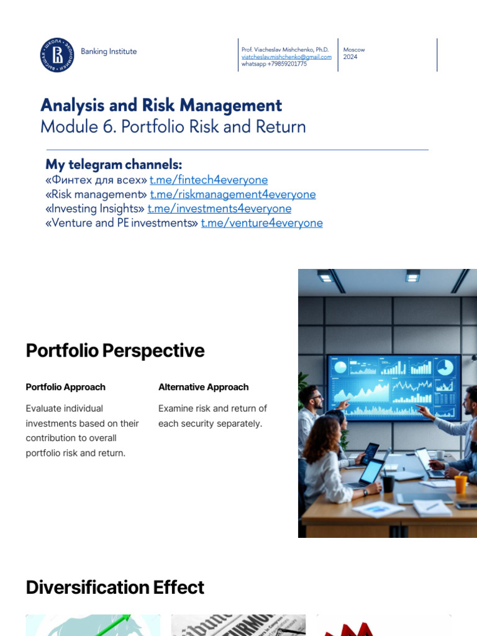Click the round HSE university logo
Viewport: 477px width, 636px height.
(x=57, y=55)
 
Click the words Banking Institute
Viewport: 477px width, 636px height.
(x=109, y=52)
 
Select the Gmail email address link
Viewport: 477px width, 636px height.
(x=286, y=57)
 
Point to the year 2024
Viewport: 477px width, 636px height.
(x=350, y=57)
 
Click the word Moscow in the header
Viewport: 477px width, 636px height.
(x=354, y=50)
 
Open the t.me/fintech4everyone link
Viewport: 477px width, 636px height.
(x=209, y=180)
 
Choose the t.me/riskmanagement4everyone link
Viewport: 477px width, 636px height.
(x=233, y=194)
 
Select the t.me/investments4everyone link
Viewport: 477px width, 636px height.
(x=219, y=209)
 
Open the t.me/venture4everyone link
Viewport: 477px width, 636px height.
(x=261, y=223)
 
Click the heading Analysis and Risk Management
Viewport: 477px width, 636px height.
(x=161, y=105)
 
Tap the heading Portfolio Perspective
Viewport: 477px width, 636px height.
(x=115, y=351)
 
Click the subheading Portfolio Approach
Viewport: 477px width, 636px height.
(x=65, y=387)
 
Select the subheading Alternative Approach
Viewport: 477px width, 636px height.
(x=203, y=387)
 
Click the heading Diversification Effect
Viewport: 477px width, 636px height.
(x=115, y=588)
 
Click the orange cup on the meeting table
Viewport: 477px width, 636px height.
(x=460, y=484)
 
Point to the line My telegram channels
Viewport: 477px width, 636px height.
(x=114, y=165)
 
